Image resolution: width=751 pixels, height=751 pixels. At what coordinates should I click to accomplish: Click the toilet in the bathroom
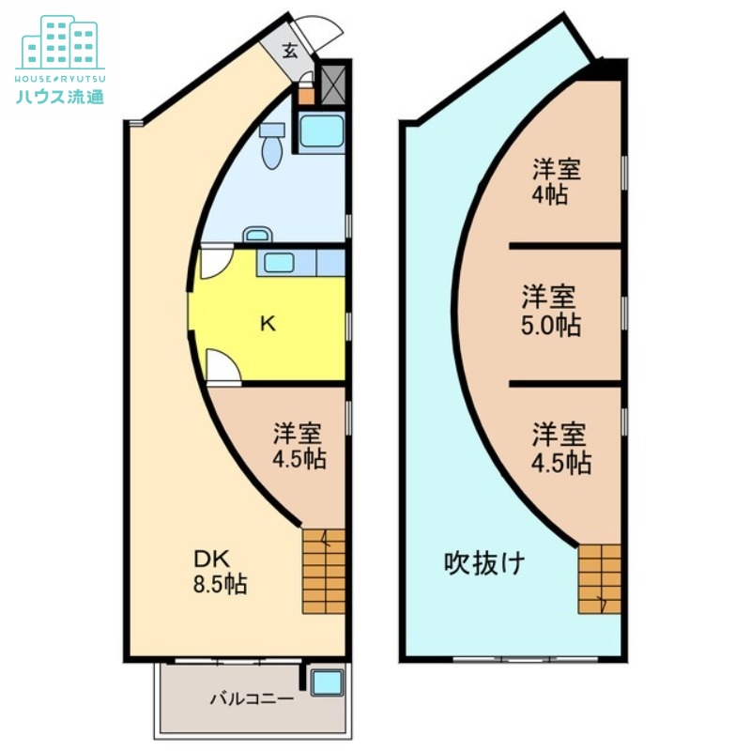[x=272, y=147]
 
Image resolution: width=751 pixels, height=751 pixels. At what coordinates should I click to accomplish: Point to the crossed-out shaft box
[x=334, y=83]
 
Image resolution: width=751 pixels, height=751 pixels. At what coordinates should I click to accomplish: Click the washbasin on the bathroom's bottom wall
[x=255, y=235]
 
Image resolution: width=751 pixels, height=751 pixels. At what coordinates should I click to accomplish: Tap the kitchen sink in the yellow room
[x=279, y=262]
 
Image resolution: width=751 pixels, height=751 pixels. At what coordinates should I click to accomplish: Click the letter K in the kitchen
[x=268, y=324]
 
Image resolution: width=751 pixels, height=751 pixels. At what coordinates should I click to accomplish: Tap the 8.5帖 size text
[x=220, y=584]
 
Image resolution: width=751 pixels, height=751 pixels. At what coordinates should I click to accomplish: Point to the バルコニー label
[x=252, y=698]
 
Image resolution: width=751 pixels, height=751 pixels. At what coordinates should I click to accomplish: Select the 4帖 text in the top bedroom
[x=552, y=195]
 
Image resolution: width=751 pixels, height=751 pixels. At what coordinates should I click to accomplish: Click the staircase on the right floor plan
[x=599, y=578]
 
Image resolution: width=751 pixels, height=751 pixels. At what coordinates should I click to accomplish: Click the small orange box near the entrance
[x=306, y=94]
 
